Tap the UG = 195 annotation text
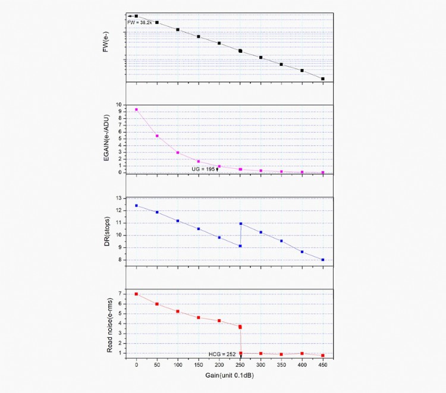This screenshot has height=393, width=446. tap(203, 169)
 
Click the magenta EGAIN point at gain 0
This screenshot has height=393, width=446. tap(136, 109)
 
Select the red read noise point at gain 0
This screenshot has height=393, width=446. tap(136, 294)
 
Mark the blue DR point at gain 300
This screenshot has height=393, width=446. tap(260, 232)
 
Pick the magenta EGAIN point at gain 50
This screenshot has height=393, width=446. tap(157, 136)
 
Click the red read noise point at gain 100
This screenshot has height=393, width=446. tap(178, 311)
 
